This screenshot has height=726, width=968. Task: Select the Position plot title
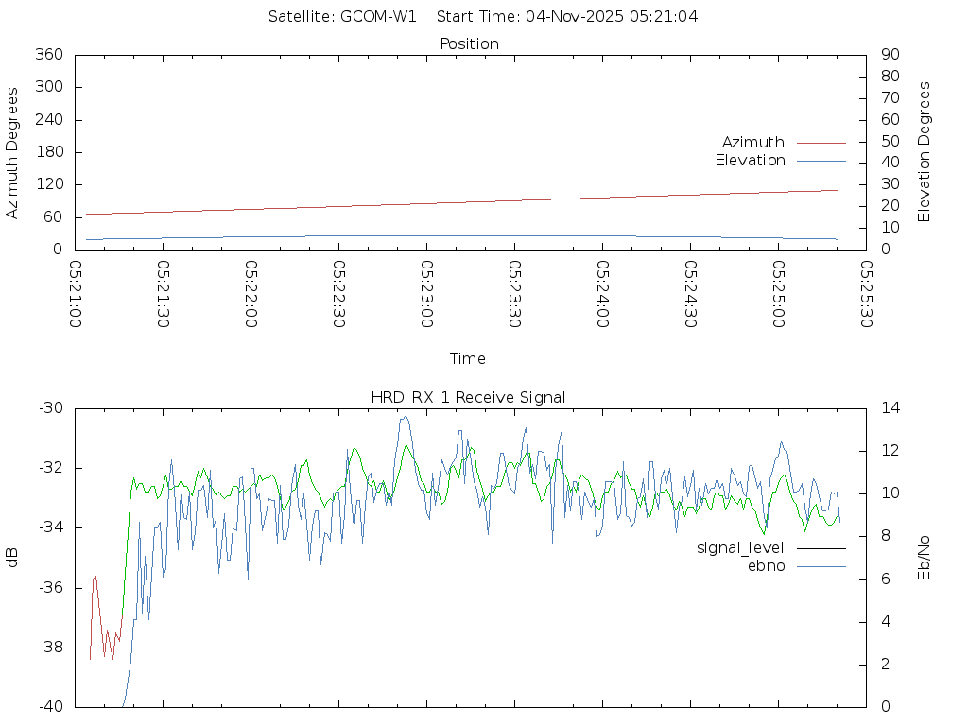pos(470,43)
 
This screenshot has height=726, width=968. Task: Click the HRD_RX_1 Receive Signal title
pos(468,397)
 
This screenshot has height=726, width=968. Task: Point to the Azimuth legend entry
pos(753,142)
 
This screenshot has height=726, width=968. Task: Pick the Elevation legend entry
pos(750,161)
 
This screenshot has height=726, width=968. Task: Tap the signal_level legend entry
pos(740,547)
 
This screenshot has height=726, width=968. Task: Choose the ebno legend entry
pos(767,566)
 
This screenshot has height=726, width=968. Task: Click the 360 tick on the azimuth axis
pos(47,55)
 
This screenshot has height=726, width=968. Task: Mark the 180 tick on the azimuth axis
pos(47,152)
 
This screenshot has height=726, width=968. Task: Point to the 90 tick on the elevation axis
pos(889,55)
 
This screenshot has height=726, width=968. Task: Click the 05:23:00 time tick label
pos(427,294)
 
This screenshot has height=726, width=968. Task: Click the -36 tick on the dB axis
pos(50,587)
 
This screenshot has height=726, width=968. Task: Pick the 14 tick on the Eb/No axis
pos(890,408)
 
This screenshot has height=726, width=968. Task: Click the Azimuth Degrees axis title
pos(13,152)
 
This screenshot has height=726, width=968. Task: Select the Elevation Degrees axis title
pos(925,151)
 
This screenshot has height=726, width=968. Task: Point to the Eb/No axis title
pos(925,558)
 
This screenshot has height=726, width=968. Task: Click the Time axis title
pos(468,358)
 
